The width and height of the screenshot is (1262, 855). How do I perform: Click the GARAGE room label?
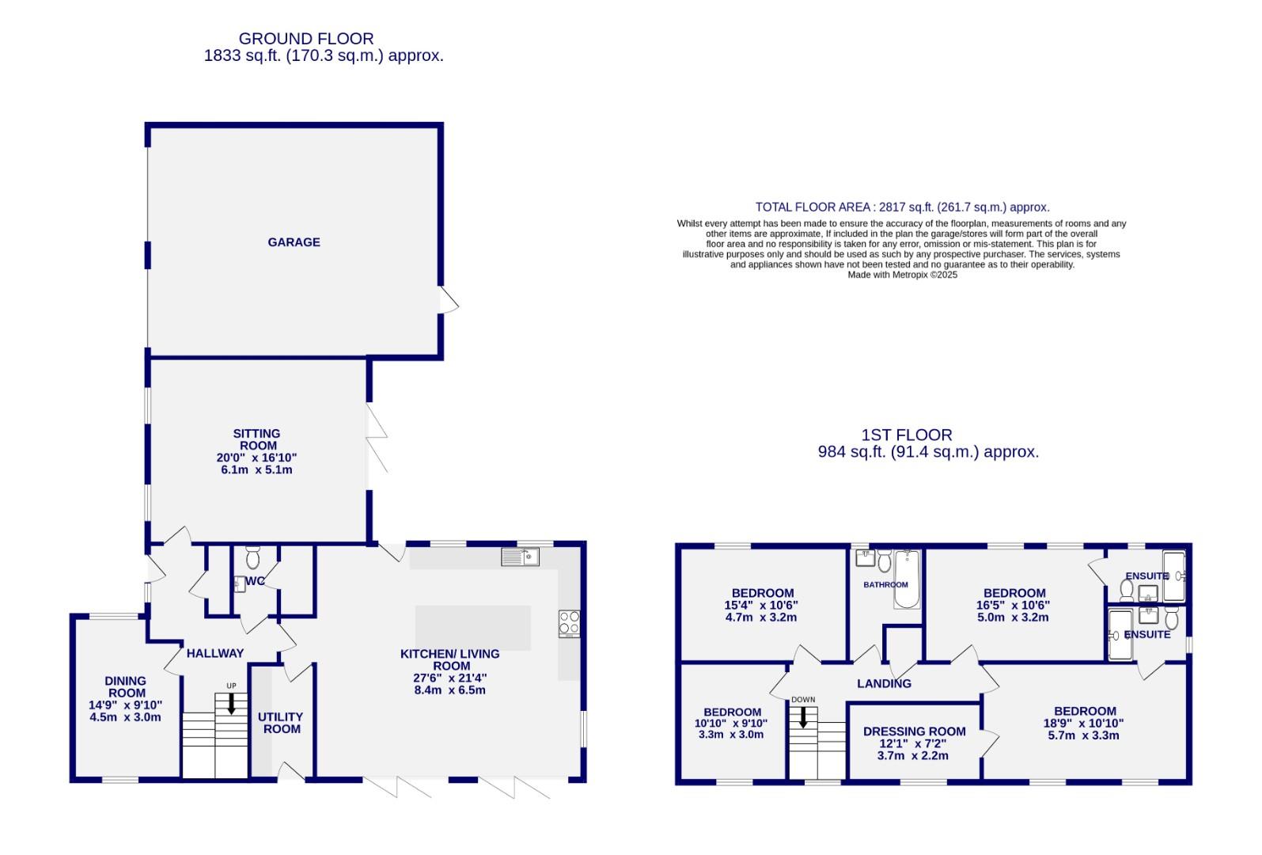pyautogui.click(x=294, y=242)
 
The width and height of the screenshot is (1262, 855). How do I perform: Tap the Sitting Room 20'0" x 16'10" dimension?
pyautogui.click(x=256, y=458)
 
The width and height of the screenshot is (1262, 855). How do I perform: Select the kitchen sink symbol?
pyautogui.click(x=520, y=557)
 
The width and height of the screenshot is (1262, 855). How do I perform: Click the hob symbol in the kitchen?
pyautogui.click(x=569, y=624)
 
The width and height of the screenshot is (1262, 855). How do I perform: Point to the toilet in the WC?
pyautogui.click(x=253, y=558)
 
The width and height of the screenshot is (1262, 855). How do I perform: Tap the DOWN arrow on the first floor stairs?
pyautogui.click(x=803, y=717)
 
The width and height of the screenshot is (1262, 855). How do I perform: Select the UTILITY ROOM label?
pyautogui.click(x=281, y=723)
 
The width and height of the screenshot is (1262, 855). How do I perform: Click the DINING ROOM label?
pyautogui.click(x=126, y=686)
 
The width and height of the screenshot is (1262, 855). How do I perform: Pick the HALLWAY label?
pyautogui.click(x=215, y=653)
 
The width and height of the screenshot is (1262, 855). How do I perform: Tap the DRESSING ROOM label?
pyautogui.click(x=914, y=731)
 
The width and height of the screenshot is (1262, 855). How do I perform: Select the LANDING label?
pyautogui.click(x=884, y=683)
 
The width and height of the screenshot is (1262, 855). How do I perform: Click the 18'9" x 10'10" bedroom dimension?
pyautogui.click(x=1083, y=723)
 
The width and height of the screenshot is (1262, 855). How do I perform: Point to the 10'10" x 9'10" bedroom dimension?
pyautogui.click(x=731, y=723)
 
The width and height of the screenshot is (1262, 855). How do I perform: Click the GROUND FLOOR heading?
pyautogui.click(x=306, y=38)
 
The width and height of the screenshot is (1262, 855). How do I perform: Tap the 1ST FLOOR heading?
pyautogui.click(x=907, y=435)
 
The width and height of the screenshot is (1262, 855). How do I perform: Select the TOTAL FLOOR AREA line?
pyautogui.click(x=902, y=207)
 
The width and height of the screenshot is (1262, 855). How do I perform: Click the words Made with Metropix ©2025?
pyautogui.click(x=902, y=275)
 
